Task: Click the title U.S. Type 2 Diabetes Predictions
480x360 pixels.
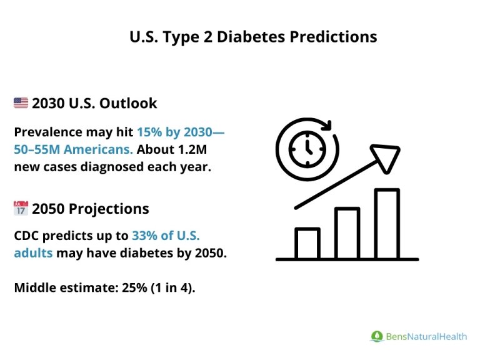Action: [x=253, y=37]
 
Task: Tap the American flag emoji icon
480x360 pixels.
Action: [x=21, y=103]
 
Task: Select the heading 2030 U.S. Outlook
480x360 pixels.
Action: [x=94, y=103]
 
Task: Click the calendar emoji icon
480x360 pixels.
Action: [x=21, y=209]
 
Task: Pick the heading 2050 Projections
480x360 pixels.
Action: [x=91, y=209]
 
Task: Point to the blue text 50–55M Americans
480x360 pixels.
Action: [x=73, y=149]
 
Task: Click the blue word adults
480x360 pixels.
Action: [x=33, y=253]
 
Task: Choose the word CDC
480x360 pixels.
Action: [x=26, y=236]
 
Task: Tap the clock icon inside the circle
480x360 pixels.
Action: [x=306, y=147]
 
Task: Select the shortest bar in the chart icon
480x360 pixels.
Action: [x=307, y=243]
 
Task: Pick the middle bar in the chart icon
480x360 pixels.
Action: [x=347, y=233]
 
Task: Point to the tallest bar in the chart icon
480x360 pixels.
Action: [x=386, y=223]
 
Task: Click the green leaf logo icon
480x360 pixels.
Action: [x=376, y=336]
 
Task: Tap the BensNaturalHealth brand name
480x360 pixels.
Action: [x=426, y=336]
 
